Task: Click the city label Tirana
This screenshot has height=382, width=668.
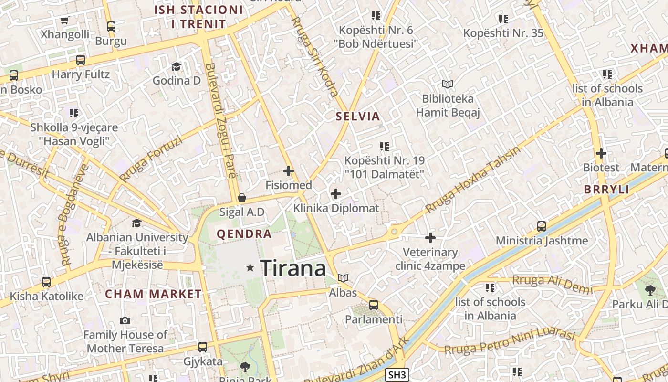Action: point(293,268)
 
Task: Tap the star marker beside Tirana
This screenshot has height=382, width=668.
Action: point(250,268)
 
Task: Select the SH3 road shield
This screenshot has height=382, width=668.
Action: point(397,375)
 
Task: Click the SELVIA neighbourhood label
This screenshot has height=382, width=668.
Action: point(358,116)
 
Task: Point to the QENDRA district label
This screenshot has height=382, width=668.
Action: point(244,234)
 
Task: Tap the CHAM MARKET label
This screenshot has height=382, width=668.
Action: point(154,294)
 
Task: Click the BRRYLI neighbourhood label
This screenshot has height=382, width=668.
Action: point(606,190)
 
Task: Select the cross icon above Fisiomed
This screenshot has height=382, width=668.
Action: point(289,170)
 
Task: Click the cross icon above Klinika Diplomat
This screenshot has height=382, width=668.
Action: point(336,193)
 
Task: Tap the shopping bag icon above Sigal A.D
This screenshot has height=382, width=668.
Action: point(242,198)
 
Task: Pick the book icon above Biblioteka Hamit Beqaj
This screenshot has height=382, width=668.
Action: point(447,85)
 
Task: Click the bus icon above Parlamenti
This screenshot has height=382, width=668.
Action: point(374,305)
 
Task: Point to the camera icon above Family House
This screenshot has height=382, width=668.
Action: point(125,320)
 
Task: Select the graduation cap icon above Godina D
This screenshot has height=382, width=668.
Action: point(177,66)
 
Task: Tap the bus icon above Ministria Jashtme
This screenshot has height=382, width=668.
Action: point(542,226)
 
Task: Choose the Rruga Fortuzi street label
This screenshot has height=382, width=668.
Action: point(151,159)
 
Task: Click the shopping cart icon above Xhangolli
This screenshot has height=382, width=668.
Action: point(65,20)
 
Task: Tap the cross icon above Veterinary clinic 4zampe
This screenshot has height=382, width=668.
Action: point(430,237)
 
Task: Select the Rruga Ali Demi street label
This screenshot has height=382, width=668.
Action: point(552,285)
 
